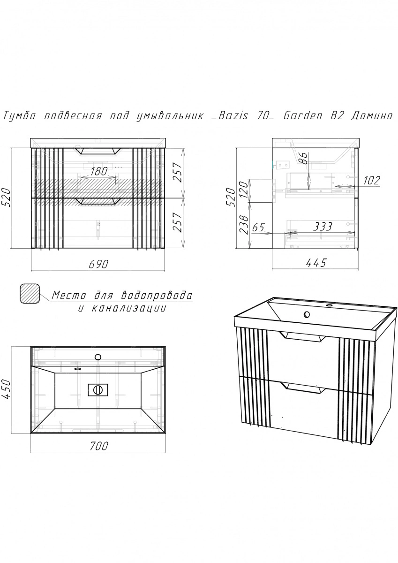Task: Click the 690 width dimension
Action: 98,264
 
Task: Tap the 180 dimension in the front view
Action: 99,171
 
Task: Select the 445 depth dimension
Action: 316,263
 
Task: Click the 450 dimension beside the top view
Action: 6,389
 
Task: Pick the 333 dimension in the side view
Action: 323,227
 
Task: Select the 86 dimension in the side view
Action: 304,158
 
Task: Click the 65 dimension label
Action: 258,227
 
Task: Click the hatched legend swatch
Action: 30,294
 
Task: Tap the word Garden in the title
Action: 303,116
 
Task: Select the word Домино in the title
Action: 372,116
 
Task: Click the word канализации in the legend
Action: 128,308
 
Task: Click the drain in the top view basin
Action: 98,390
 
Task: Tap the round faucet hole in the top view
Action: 98,357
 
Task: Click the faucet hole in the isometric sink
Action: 306,314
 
